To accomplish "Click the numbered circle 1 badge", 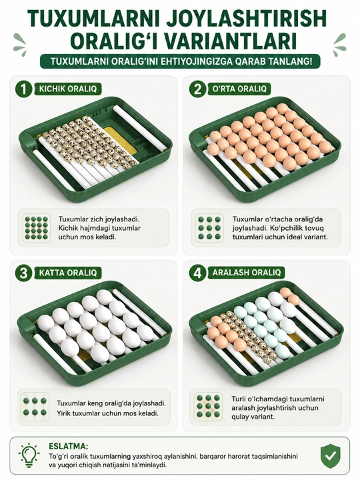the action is pos(23,89).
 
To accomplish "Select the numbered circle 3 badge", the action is pos(23,273).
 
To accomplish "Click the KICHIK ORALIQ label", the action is pos(67,89).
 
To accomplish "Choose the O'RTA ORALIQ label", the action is pos(239,89).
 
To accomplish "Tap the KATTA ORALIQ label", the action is pos(67,273).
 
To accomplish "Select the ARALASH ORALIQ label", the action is pos(247,273).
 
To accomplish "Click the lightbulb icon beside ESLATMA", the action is pos(29,455).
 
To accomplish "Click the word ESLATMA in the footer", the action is pos(68,446).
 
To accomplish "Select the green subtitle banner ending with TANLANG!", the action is pos(180,61).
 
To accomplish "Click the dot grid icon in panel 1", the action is pos(37,228).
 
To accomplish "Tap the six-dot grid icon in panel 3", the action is pos(35,406).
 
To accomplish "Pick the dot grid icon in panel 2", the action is pos(209,228).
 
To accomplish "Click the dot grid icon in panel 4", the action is pos(209,406).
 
